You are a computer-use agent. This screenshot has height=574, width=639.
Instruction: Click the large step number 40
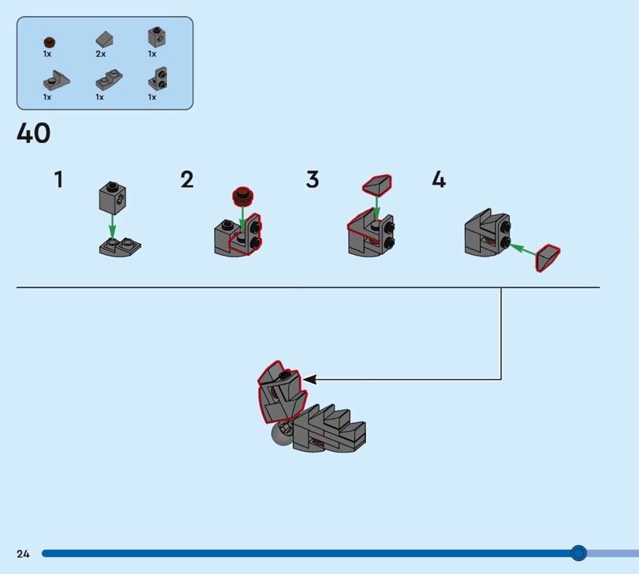34,134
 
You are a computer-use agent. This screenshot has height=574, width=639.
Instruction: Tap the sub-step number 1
58,180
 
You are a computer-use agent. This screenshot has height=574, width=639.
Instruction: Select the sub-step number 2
187,180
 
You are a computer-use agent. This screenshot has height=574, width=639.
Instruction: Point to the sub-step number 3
312,180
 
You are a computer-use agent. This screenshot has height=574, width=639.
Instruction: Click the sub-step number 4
439,180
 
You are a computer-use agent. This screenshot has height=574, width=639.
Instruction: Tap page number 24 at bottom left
22,553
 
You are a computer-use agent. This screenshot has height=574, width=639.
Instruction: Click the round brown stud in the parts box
48,40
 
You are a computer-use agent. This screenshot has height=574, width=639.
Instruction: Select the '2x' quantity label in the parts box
101,54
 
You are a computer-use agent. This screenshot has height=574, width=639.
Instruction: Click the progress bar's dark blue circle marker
579,553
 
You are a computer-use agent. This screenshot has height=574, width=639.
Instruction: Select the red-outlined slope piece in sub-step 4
548,258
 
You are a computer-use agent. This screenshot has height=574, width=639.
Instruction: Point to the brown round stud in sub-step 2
244,193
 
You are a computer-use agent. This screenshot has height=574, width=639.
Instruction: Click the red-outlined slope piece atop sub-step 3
376,185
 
